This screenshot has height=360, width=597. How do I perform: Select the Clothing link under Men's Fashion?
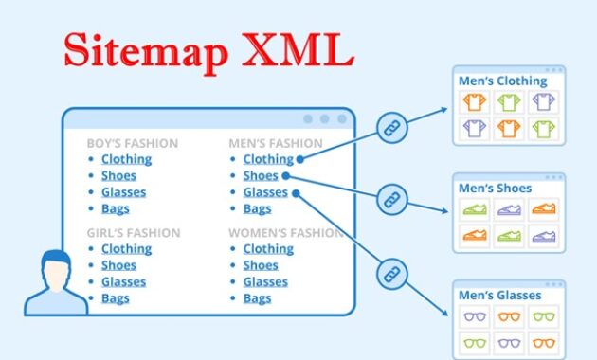(268, 159)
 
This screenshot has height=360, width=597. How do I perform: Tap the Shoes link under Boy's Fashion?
(118, 175)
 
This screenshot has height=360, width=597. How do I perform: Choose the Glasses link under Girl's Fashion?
(123, 281)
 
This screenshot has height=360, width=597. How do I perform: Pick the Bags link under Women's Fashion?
(257, 297)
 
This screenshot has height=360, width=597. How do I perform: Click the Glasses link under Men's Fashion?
(265, 191)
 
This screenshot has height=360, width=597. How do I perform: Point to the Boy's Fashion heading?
(132, 144)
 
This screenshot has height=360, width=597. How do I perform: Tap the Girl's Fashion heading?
(132, 233)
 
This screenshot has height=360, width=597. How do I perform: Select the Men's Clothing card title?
(503, 81)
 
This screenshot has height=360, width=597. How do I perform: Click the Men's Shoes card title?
(496, 188)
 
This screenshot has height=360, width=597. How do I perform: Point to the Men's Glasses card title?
(500, 295)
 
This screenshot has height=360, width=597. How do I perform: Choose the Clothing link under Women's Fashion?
(268, 248)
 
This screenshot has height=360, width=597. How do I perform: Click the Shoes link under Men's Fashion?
(261, 175)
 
